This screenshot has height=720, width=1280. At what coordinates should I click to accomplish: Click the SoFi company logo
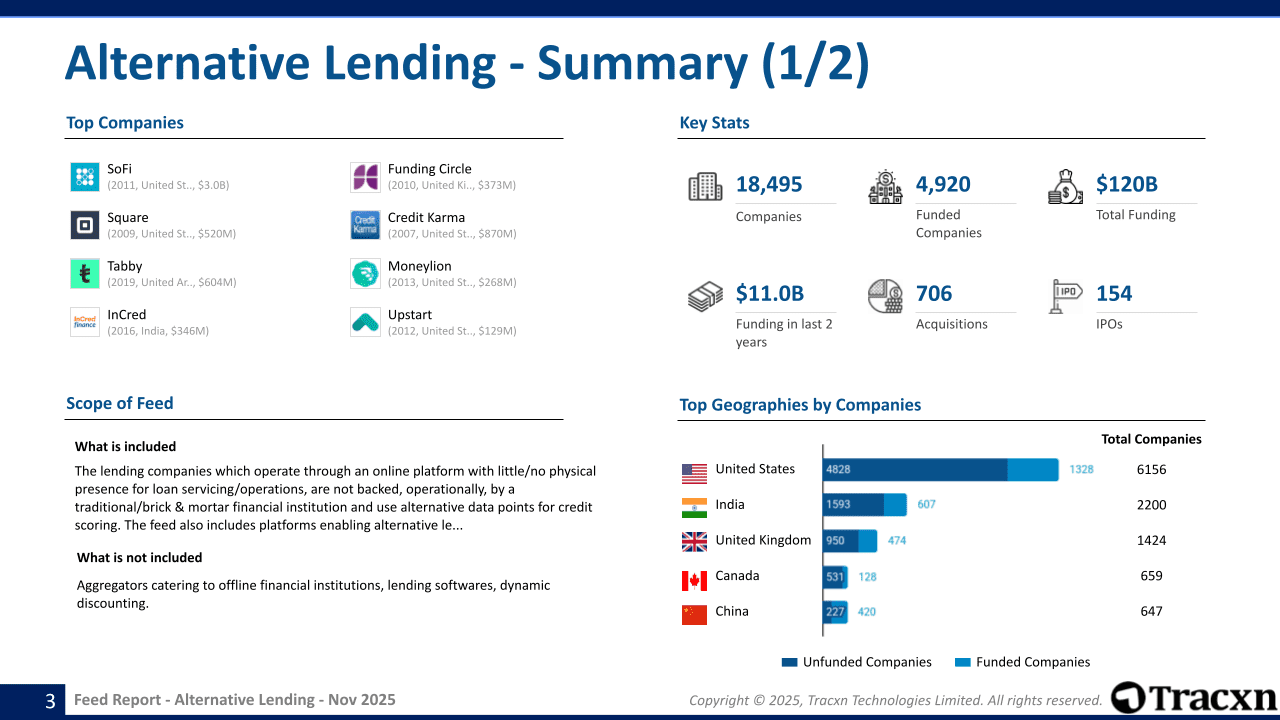click(85, 177)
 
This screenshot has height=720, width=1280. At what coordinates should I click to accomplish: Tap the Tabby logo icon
click(85, 274)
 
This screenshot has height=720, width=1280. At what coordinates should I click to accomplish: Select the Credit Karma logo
click(365, 225)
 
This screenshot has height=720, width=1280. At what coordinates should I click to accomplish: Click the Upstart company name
click(410, 315)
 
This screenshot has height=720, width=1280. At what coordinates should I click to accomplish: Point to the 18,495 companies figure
click(769, 184)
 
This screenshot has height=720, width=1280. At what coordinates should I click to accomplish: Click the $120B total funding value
click(1127, 184)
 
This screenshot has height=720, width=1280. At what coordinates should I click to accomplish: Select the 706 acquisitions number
click(934, 293)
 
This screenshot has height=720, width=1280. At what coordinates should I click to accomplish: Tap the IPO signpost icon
click(1066, 296)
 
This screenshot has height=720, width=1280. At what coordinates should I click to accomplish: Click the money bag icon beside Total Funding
click(1066, 187)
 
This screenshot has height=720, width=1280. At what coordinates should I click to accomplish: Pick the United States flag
click(694, 472)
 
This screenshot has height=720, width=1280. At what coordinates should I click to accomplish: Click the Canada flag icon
click(694, 580)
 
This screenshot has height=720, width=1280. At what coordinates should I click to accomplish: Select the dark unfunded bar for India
click(853, 505)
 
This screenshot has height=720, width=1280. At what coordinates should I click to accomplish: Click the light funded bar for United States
click(1032, 470)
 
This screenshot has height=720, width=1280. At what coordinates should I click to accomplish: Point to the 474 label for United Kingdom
click(897, 541)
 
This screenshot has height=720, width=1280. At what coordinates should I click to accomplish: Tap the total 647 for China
click(1151, 611)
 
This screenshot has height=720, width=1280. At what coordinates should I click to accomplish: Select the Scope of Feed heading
click(120, 404)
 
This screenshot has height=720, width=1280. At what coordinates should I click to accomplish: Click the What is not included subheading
click(139, 558)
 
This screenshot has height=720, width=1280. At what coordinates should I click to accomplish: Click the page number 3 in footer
click(50, 701)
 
